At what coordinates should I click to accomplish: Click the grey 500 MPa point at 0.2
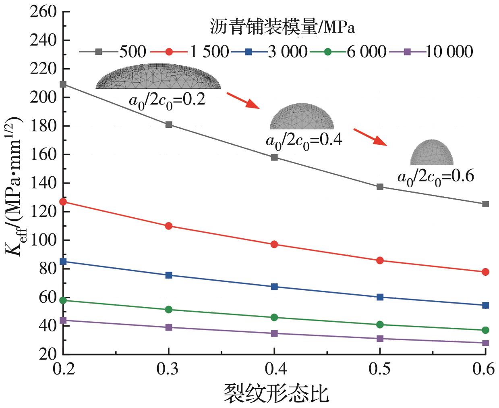tap(63, 84)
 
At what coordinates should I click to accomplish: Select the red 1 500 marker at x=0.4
tap(274, 244)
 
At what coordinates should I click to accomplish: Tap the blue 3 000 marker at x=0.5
tap(380, 297)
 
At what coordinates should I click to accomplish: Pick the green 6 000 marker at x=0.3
tap(169, 310)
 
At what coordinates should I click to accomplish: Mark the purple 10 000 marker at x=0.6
tap(485, 343)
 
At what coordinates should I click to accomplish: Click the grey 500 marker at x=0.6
tap(485, 204)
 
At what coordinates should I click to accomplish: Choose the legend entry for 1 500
tap(189, 52)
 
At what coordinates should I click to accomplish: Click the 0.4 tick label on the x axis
tap(274, 369)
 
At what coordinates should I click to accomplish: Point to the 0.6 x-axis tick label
tap(485, 369)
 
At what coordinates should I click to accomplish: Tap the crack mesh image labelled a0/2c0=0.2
tap(158, 76)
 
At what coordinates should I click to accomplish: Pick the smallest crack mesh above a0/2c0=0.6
tap(432, 152)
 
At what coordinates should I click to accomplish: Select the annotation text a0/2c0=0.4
tap(304, 140)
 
